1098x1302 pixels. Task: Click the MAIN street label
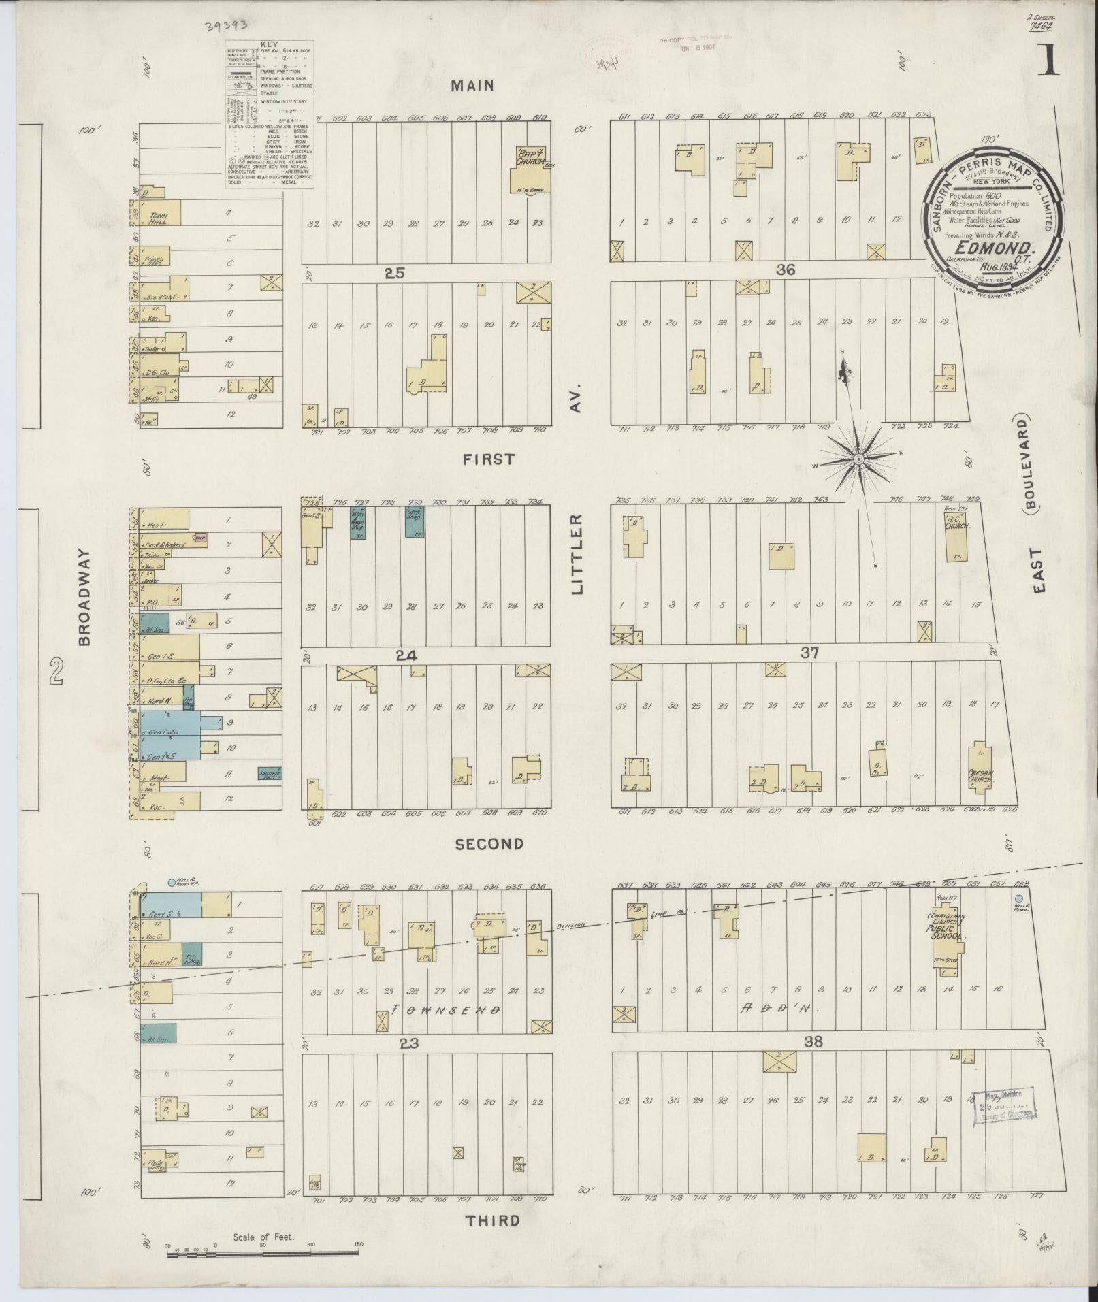(x=472, y=86)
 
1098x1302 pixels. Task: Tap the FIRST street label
(x=489, y=459)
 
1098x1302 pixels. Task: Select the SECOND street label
(x=489, y=844)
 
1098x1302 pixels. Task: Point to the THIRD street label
(x=492, y=1220)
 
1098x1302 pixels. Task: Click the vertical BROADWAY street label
(x=84, y=598)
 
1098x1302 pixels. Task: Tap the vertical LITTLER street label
(x=578, y=554)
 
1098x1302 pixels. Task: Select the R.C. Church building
(x=956, y=535)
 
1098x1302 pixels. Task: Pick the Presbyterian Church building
(x=980, y=765)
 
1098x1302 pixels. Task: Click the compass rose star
(x=859, y=460)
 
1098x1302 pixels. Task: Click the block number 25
(x=394, y=273)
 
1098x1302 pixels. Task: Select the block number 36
(x=786, y=270)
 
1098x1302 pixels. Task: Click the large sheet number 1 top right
(x=1049, y=63)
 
